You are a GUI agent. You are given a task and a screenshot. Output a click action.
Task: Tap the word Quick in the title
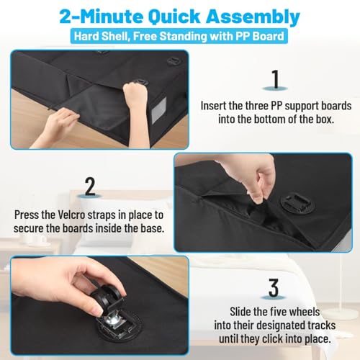click(174, 17)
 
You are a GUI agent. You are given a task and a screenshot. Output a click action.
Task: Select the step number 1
click(275, 79)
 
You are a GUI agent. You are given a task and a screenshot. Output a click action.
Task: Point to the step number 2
click(90, 186)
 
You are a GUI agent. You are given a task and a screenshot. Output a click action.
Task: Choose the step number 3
click(274, 288)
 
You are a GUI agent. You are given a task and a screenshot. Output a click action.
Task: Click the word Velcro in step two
click(71, 215)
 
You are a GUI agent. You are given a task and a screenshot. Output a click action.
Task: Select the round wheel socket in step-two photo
click(297, 203)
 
